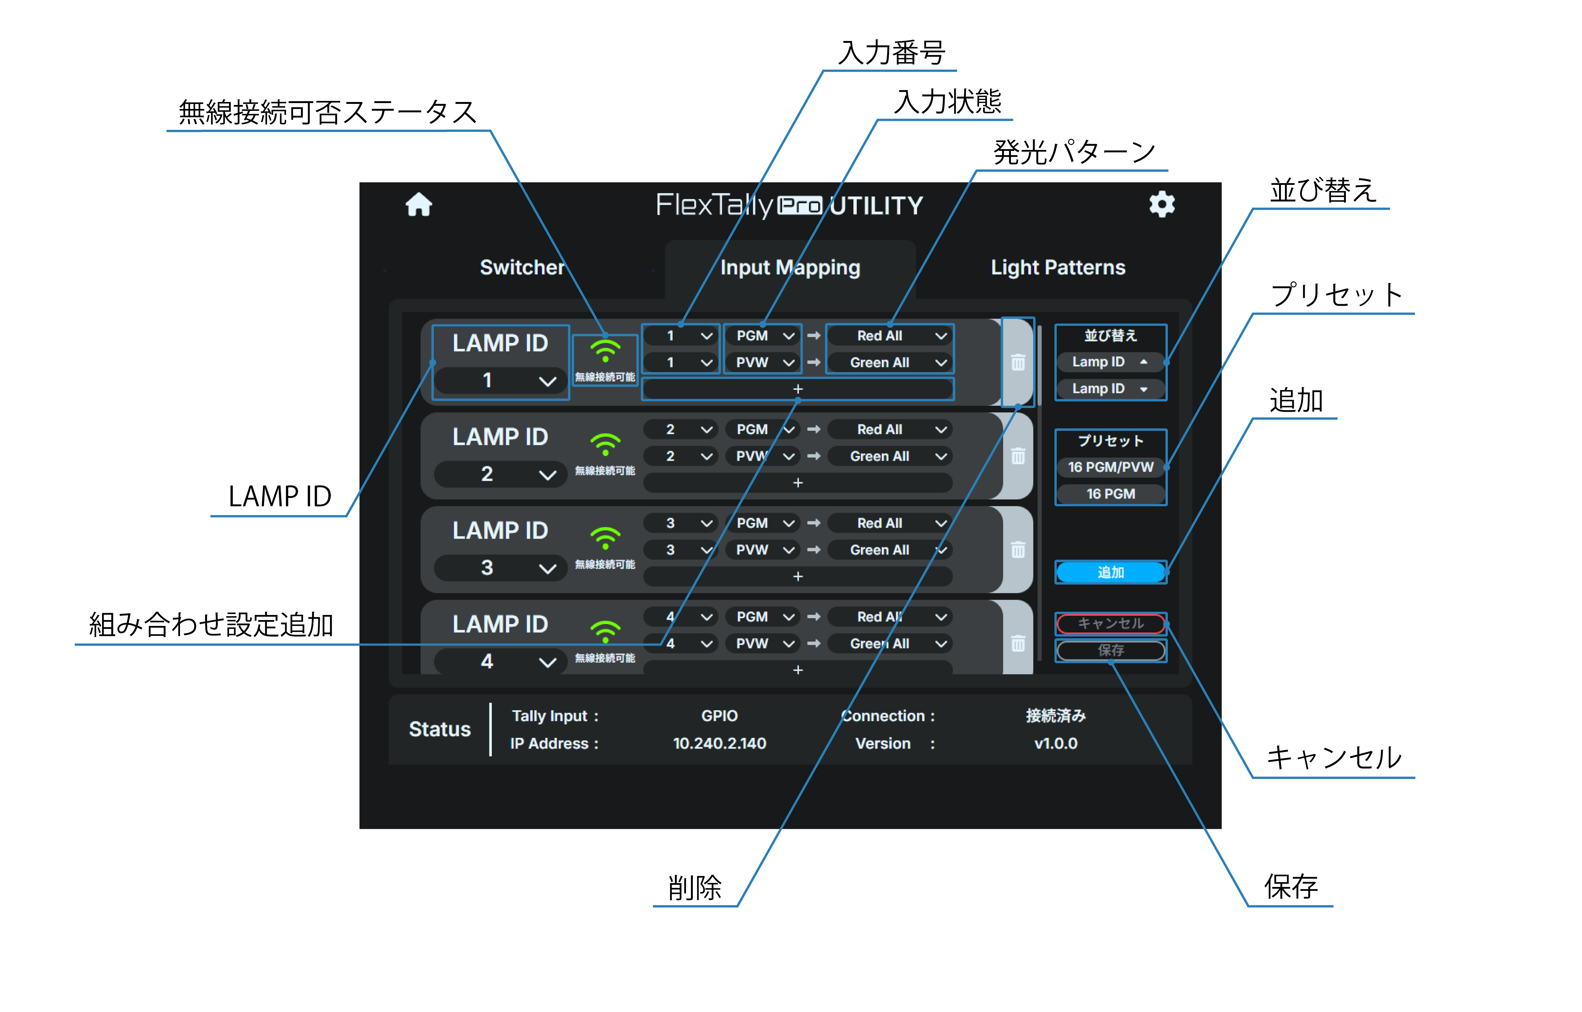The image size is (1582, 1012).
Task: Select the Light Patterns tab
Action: (x=1057, y=267)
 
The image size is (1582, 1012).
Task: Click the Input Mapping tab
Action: (x=790, y=267)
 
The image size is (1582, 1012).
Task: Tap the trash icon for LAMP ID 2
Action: (x=1018, y=456)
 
